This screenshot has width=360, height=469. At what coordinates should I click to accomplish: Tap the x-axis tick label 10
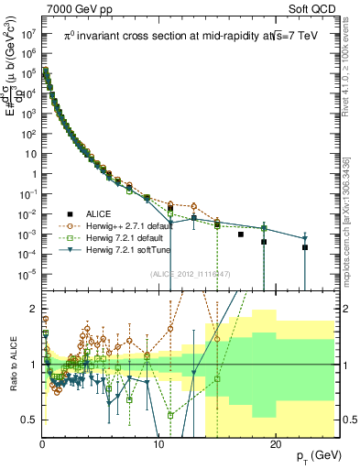(x=158, y=444)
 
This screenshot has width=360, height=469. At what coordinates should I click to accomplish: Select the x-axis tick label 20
(x=275, y=444)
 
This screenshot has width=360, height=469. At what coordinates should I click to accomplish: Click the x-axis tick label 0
(x=42, y=444)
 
